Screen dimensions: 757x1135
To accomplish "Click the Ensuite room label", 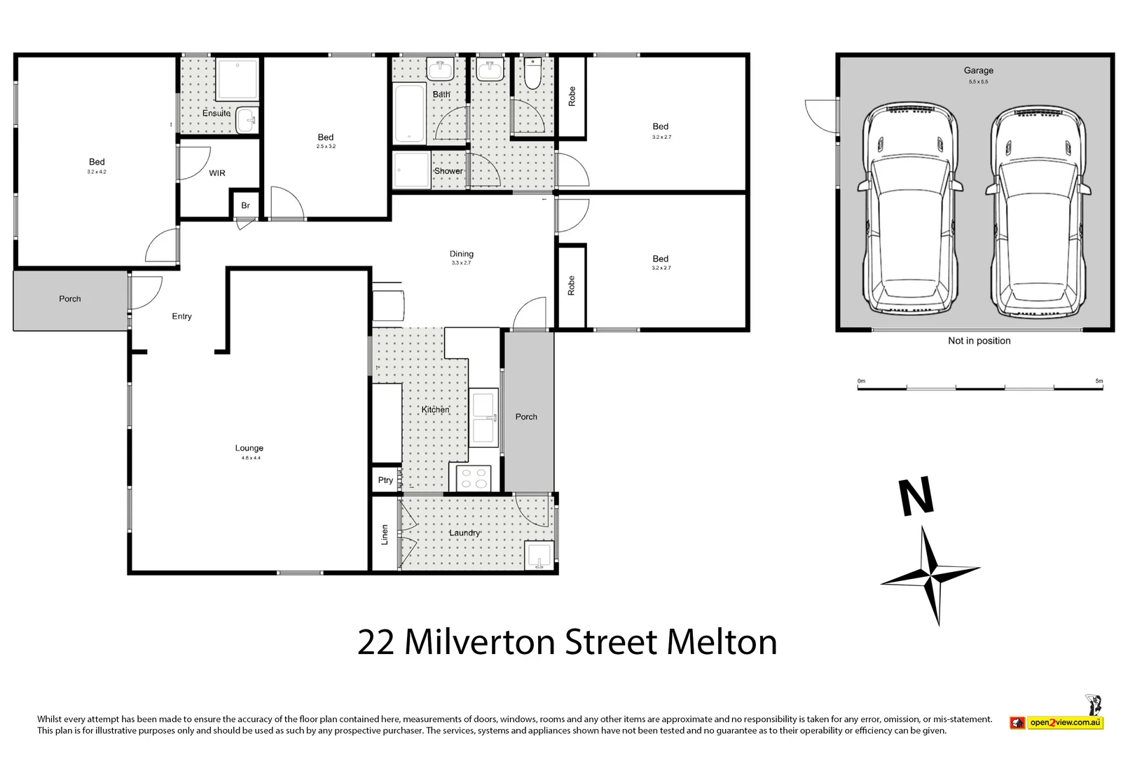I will (x=216, y=113).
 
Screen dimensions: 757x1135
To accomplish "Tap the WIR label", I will (x=217, y=173).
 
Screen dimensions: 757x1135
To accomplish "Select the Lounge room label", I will (x=249, y=448).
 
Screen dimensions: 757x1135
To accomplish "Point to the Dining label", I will (x=462, y=254).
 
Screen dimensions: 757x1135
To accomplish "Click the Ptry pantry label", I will (x=385, y=480).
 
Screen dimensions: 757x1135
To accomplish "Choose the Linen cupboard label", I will (x=385, y=534).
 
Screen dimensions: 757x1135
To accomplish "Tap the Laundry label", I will (x=465, y=533).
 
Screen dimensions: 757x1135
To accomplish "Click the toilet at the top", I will (x=533, y=74).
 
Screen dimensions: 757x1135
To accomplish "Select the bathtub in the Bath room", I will (x=410, y=114).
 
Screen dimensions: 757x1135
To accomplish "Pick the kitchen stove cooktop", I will (x=474, y=478).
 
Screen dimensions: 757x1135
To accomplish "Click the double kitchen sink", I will (x=483, y=418).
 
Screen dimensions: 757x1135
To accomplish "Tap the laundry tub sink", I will (x=539, y=556).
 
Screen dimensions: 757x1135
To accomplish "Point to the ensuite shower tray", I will (x=237, y=79).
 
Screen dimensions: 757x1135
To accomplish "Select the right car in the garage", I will (x=1039, y=212).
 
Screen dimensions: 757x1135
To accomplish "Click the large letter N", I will (x=916, y=496).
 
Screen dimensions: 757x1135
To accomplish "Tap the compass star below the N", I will (x=930, y=575).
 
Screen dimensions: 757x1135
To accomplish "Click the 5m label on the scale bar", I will (x=1099, y=381).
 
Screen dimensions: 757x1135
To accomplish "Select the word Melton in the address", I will (x=722, y=642).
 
